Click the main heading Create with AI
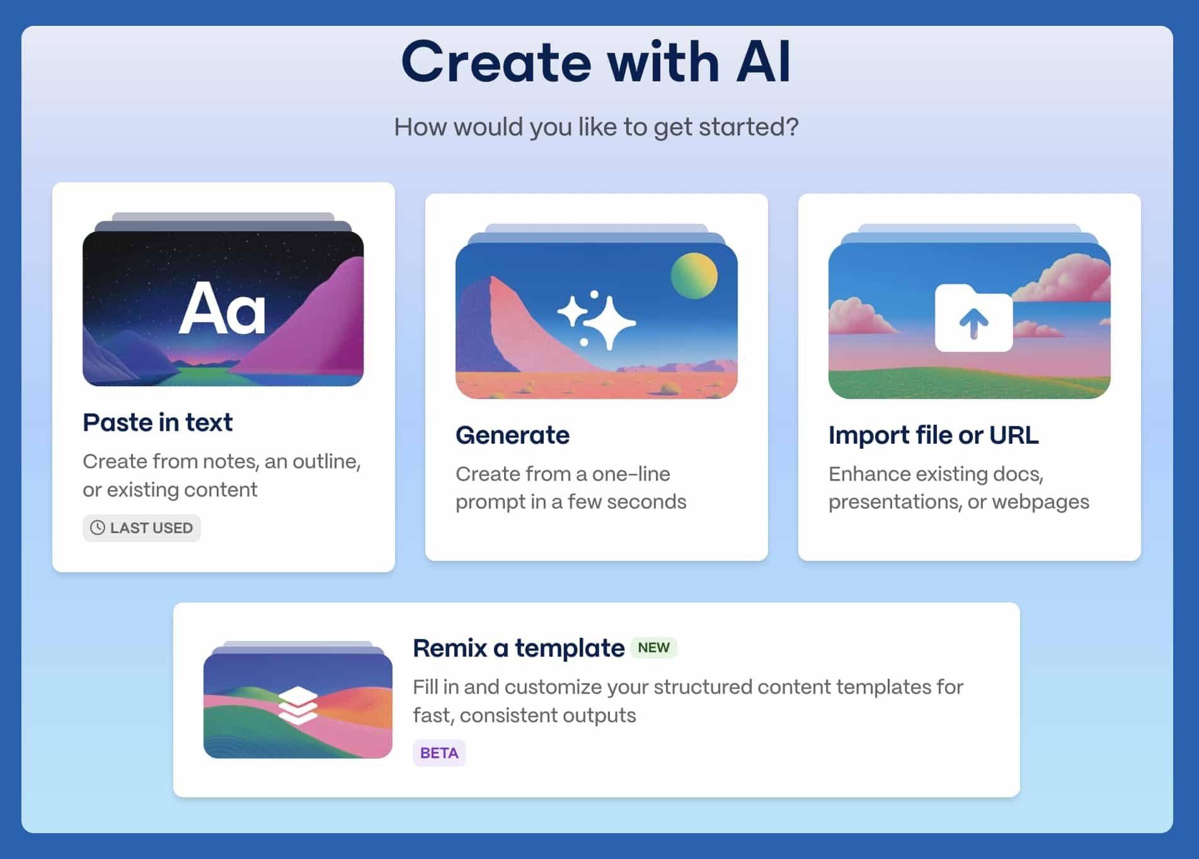[x=595, y=62]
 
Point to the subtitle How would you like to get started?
[x=596, y=127]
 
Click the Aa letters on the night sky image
[x=222, y=308]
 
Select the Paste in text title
[x=158, y=422]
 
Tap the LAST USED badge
[x=142, y=528]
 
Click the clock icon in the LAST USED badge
[x=98, y=528]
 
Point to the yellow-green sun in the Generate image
[x=694, y=275]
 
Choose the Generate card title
[x=512, y=435]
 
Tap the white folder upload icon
[x=973, y=318]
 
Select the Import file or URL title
[x=933, y=435]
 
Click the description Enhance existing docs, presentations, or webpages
[x=958, y=488]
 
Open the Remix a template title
[x=519, y=648]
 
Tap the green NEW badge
[x=653, y=648]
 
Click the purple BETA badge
[x=439, y=753]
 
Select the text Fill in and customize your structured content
[x=688, y=701]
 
